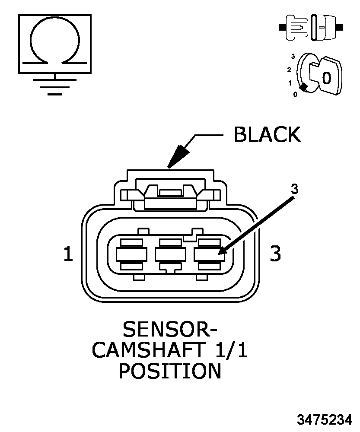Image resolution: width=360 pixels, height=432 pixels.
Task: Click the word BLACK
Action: pos(267,134)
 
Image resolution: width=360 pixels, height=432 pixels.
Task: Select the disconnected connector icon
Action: pos(311,28)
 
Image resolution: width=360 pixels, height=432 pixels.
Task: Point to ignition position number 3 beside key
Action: pos(293,57)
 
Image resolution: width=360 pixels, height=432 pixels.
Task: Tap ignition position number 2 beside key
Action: pos(289,70)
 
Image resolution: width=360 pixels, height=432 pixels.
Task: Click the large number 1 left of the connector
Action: pos(68,254)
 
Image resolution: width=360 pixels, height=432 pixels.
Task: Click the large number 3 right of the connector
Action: pos(275,254)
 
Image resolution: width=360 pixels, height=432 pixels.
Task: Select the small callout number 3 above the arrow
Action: pos(295,189)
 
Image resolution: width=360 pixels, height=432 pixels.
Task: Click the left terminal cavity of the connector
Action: pos(131,254)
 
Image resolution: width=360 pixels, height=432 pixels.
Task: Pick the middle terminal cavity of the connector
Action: pos(170,254)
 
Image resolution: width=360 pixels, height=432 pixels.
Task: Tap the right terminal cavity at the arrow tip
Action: pos(209,254)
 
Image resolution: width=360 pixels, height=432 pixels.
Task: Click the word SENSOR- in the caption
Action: pos(170,329)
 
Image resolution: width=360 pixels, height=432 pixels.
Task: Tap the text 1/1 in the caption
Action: pos(232,350)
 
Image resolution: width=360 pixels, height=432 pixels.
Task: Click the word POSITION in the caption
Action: pos(170,371)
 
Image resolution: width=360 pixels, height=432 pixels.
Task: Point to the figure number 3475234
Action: pos(325,419)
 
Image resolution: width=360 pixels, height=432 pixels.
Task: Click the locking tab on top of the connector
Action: pos(170,197)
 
